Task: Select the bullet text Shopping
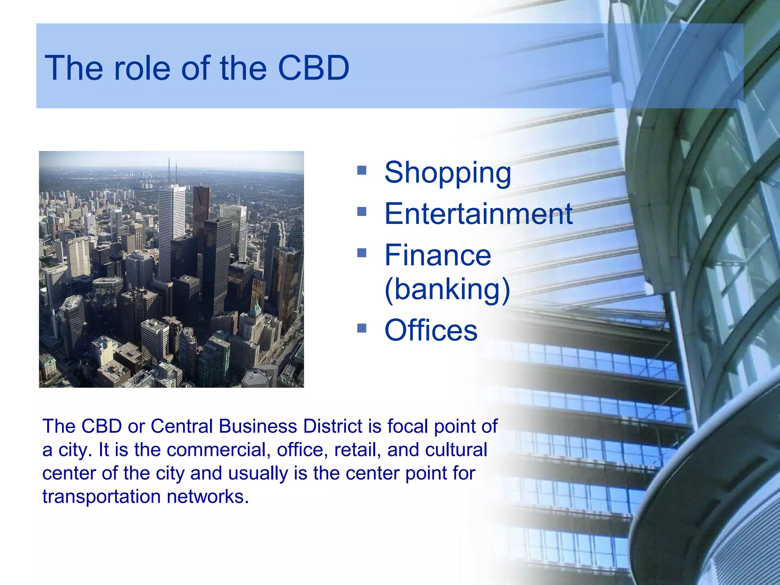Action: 448,173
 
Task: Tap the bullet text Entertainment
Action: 478,214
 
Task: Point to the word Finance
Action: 438,255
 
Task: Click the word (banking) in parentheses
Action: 447,289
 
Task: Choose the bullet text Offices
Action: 431,330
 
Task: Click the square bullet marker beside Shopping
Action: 361,170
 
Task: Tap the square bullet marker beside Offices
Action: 361,328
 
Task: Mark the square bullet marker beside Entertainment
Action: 361,211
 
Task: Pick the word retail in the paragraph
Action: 358,450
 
